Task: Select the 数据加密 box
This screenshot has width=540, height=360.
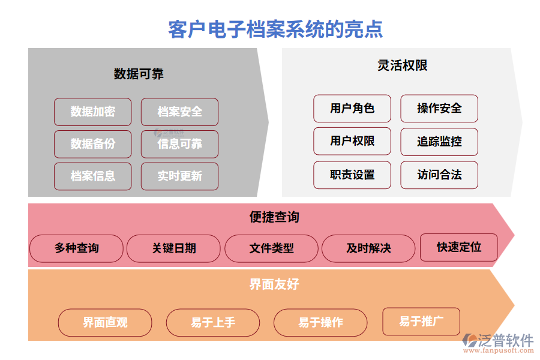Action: pyautogui.click(x=92, y=112)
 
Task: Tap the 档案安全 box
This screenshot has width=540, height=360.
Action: pyautogui.click(x=179, y=112)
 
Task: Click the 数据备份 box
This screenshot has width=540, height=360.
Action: pyautogui.click(x=92, y=144)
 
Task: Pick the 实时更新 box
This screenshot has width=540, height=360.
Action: pyautogui.click(x=179, y=176)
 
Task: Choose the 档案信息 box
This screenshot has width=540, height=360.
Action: pyautogui.click(x=92, y=176)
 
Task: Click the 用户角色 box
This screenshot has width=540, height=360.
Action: pyautogui.click(x=352, y=109)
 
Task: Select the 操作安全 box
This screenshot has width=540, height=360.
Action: pyautogui.click(x=439, y=109)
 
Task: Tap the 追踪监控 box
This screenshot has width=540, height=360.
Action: pyautogui.click(x=439, y=142)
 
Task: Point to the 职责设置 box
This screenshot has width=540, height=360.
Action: pyautogui.click(x=352, y=175)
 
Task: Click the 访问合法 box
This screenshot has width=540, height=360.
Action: pyautogui.click(x=439, y=175)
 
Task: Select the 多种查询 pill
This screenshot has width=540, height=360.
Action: pyautogui.click(x=76, y=248)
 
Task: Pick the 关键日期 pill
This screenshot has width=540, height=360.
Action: pyautogui.click(x=174, y=248)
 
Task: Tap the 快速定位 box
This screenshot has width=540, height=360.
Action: pyautogui.click(x=458, y=247)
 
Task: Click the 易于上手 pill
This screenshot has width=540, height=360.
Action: pyautogui.click(x=213, y=323)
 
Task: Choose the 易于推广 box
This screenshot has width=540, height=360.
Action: pyautogui.click(x=421, y=322)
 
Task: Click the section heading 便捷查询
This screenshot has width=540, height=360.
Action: pyautogui.click(x=274, y=217)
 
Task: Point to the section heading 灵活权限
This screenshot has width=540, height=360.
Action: pyautogui.click(x=402, y=65)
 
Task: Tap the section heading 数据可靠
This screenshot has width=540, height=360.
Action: pyautogui.click(x=139, y=74)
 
